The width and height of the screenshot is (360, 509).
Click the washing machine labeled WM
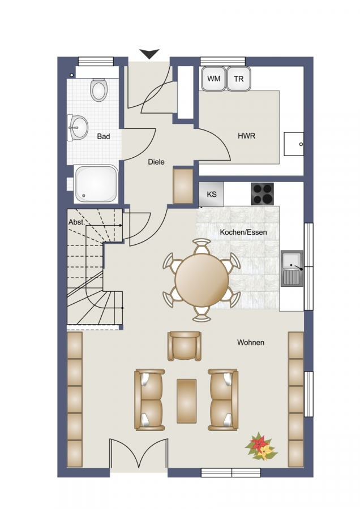[x=213, y=79]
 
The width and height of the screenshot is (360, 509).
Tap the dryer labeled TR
[x=238, y=79]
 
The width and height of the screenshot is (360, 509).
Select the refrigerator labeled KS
[x=211, y=194]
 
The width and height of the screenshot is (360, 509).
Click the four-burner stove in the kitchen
[x=262, y=194]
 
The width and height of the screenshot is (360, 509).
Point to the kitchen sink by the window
[x=292, y=268]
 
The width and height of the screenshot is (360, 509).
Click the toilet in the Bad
[x=98, y=90]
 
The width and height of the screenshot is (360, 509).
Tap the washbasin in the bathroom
[x=78, y=127]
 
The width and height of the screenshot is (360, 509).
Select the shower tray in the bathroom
[x=96, y=184]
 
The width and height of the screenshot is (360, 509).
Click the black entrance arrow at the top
[x=149, y=54]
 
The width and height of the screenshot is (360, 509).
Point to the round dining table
[x=202, y=280]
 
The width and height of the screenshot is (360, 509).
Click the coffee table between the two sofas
[x=186, y=401]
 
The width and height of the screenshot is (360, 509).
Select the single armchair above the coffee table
[x=184, y=346]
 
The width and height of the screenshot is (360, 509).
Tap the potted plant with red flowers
[x=262, y=447]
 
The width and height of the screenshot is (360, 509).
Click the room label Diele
[x=156, y=162]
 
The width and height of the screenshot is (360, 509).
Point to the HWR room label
[x=247, y=136]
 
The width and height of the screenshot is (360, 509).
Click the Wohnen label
[x=251, y=343]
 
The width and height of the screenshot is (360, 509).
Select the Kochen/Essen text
[x=243, y=232]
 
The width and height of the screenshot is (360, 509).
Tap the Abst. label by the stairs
[x=76, y=222]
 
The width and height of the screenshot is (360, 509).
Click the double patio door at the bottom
[x=139, y=454]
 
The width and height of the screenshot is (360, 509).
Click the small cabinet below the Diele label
[x=183, y=186]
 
